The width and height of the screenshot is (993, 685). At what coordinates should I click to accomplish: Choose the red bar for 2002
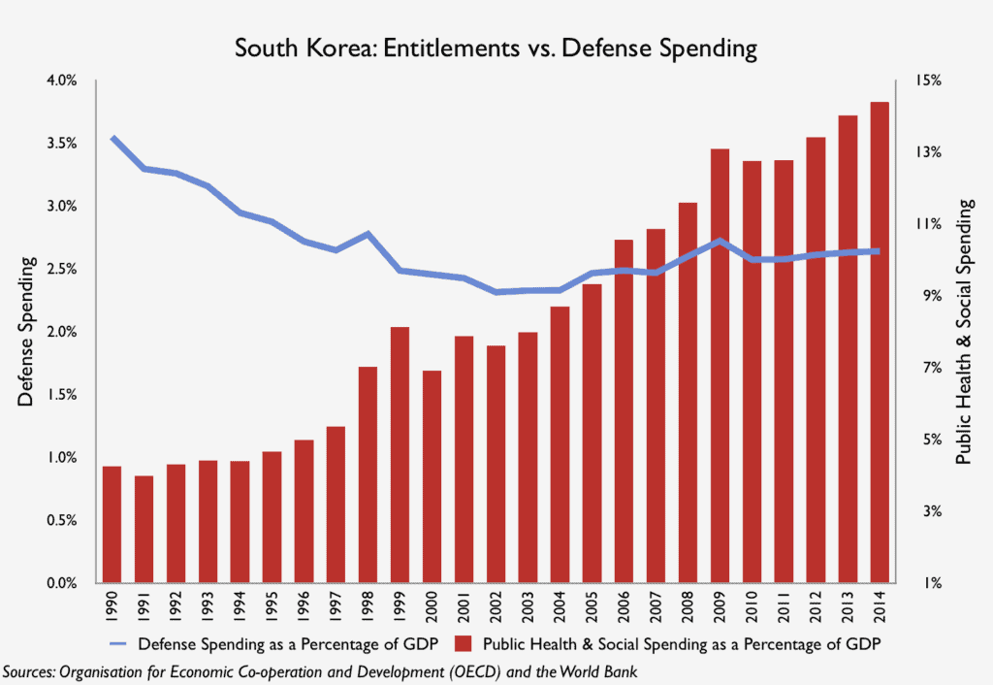click(x=496, y=464)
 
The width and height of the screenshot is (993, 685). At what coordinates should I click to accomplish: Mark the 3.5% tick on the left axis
click(x=61, y=143)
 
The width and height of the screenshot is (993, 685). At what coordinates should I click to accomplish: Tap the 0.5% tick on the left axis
click(x=61, y=521)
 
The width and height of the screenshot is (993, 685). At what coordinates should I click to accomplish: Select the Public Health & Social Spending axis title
click(x=964, y=331)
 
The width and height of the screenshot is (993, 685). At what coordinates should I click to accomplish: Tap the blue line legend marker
click(x=118, y=642)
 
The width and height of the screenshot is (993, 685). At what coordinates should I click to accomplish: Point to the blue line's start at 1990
click(x=112, y=138)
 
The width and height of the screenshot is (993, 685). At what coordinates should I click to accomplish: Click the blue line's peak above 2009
click(x=720, y=240)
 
